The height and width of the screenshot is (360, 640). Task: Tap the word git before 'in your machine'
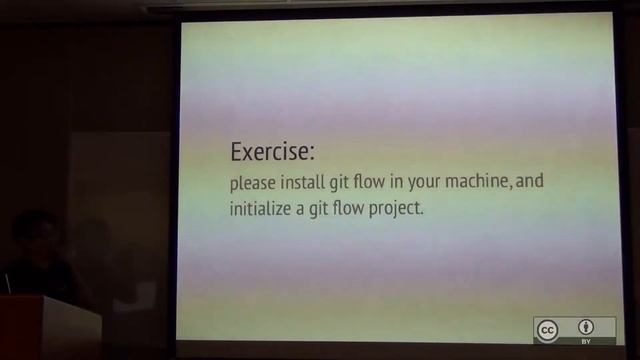(348, 184)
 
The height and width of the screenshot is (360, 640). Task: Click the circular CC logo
(547, 330)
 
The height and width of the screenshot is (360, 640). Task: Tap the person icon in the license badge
(586, 327)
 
